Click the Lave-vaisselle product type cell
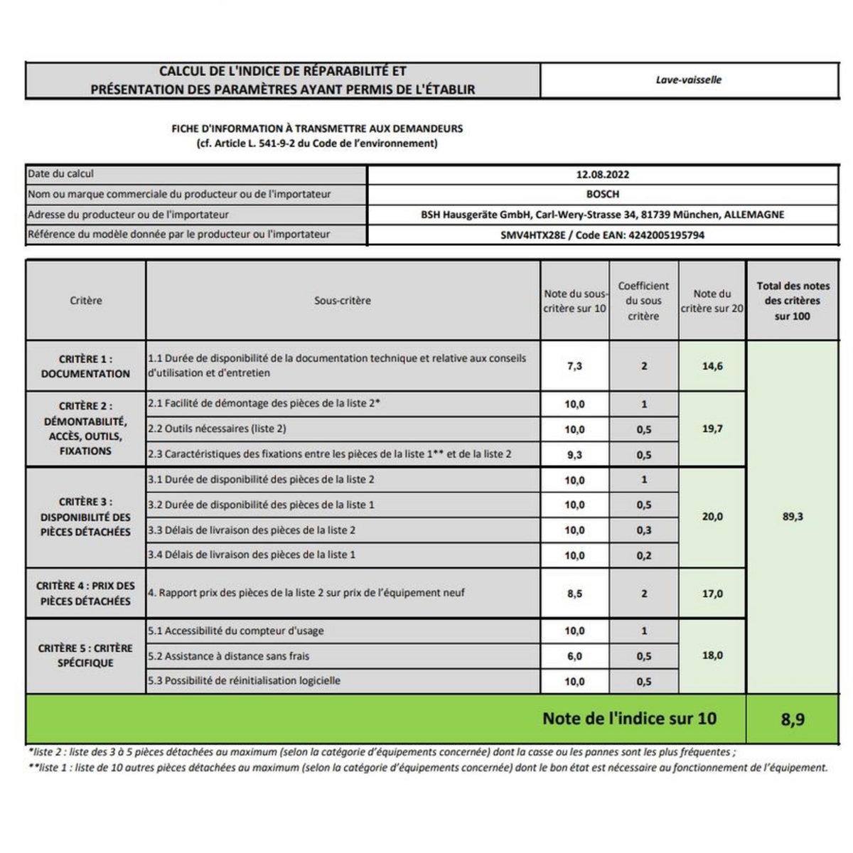tap(688, 80)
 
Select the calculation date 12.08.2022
tap(602, 175)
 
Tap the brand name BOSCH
tap(602, 194)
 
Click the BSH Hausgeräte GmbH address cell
tap(602, 215)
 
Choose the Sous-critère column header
tap(342, 301)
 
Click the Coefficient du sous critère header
tap(643, 301)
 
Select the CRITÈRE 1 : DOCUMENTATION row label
tap(85, 366)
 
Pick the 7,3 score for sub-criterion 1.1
tap(574, 366)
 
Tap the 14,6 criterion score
tap(712, 366)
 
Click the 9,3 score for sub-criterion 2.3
tap(574, 455)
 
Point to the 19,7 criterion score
tap(712, 429)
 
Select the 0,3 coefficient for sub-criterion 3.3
tap(644, 530)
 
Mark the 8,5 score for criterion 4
tap(574, 594)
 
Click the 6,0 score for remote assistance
tap(574, 656)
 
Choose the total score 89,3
tap(793, 517)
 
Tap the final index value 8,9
tap(793, 719)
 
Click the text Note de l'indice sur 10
tap(629, 719)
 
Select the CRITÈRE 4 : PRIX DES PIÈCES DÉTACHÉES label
tap(85, 594)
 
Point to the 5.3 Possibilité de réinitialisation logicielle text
tap(244, 681)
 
